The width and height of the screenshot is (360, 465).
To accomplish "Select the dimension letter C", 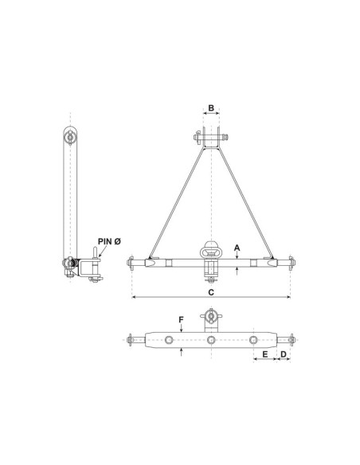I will (211, 291).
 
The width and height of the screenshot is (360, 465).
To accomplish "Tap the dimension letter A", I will (237, 248).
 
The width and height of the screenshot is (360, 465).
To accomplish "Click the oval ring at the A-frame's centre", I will (211, 249).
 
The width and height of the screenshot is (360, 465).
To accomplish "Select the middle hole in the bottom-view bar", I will (211, 340).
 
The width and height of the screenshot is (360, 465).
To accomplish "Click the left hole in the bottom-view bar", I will (168, 340).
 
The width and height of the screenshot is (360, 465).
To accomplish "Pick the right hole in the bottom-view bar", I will (254, 340).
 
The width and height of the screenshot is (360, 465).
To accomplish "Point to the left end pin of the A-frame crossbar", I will (131, 262).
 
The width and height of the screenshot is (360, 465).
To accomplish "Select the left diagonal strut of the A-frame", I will (177, 203).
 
